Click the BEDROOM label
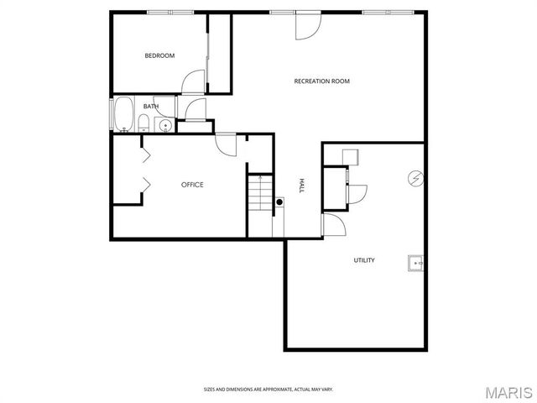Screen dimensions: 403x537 [x=159, y=56]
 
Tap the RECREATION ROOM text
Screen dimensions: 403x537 [x=321, y=81]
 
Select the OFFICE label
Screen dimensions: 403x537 [x=192, y=185]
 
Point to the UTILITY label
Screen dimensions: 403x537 [x=363, y=260]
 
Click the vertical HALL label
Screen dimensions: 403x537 [x=302, y=186]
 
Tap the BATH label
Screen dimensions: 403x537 [x=151, y=107]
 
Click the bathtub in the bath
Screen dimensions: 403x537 [x=123, y=115]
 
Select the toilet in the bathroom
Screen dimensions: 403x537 [x=143, y=125]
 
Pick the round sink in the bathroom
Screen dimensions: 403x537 [x=165, y=126]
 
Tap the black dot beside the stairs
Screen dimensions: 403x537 [x=279, y=201]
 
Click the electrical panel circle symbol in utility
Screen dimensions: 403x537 [x=414, y=178]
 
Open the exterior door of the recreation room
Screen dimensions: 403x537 [x=307, y=25]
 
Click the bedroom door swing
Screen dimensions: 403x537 [x=193, y=83]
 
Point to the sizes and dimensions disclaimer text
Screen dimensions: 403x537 [x=268, y=389]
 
